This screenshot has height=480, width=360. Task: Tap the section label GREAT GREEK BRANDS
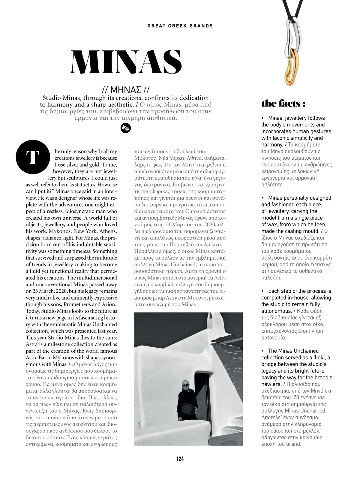pyautogui.click(x=180, y=26)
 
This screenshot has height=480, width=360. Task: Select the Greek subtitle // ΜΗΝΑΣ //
pyautogui.click(x=125, y=90)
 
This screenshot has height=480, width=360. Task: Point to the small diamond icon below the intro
pyautogui.click(x=126, y=128)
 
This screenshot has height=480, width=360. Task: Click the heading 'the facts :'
pyautogui.click(x=283, y=104)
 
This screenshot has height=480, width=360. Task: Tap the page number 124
pyautogui.click(x=180, y=459)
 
